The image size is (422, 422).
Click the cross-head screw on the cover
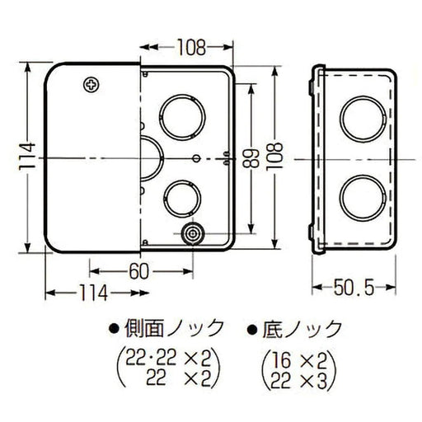(90, 84)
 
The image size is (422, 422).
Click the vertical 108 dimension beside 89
(270, 157)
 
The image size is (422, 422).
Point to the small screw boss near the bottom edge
(191, 235)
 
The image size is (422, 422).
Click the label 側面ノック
(176, 329)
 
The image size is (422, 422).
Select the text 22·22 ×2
(163, 356)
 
